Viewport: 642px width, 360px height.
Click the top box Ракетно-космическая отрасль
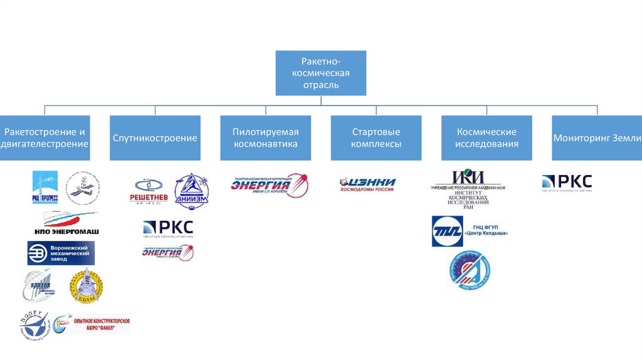tap(320, 73)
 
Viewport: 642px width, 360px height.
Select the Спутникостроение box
tap(155, 138)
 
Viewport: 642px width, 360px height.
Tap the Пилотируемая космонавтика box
tap(265, 138)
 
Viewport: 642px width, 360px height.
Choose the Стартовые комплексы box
tap(376, 138)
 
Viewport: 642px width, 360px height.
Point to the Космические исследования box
tap(487, 138)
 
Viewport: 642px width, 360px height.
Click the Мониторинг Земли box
tap(597, 138)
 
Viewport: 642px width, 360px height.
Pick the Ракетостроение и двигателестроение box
tap(45, 138)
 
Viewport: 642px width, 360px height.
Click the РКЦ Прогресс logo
tap(45, 188)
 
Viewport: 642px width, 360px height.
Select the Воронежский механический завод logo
tap(61, 253)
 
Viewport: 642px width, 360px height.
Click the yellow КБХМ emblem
tap(87, 287)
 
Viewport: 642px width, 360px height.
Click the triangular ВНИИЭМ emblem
tap(191, 190)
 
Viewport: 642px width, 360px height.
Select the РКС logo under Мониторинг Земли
tap(567, 183)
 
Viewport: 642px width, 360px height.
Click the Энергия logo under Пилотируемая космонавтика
tap(269, 184)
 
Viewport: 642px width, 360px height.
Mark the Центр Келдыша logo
tap(469, 231)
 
